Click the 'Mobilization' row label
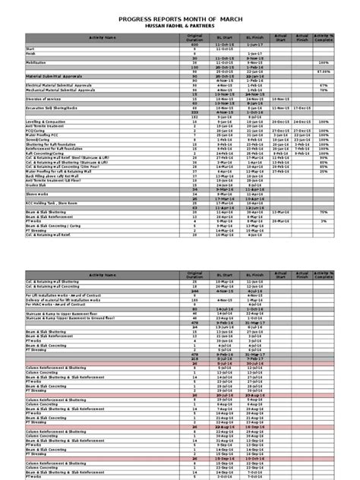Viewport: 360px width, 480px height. click(37, 63)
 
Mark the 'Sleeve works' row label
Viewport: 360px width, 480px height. click(37, 194)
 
